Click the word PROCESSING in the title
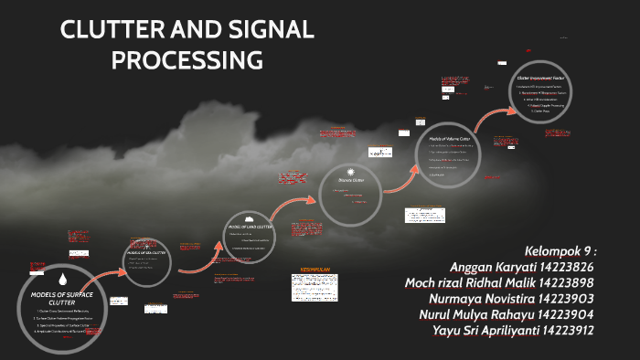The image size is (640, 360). (187, 60)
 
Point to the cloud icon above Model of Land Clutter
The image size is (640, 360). (249, 217)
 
